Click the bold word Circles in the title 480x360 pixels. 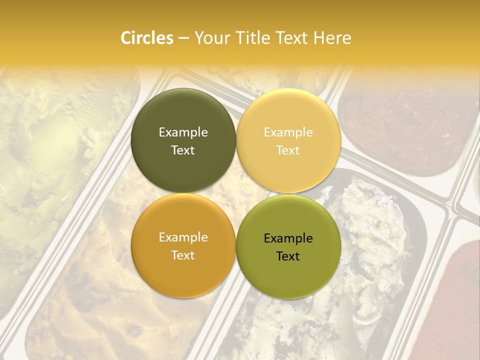146,38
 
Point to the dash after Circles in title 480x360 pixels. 183,38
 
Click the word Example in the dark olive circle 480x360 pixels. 183,132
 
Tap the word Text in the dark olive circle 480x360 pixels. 183,150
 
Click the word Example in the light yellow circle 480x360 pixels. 288,132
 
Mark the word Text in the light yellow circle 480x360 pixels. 288,150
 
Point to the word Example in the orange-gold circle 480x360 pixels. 183,237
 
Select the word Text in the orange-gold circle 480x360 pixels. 183,255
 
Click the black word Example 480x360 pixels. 288,238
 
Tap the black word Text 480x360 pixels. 288,256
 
